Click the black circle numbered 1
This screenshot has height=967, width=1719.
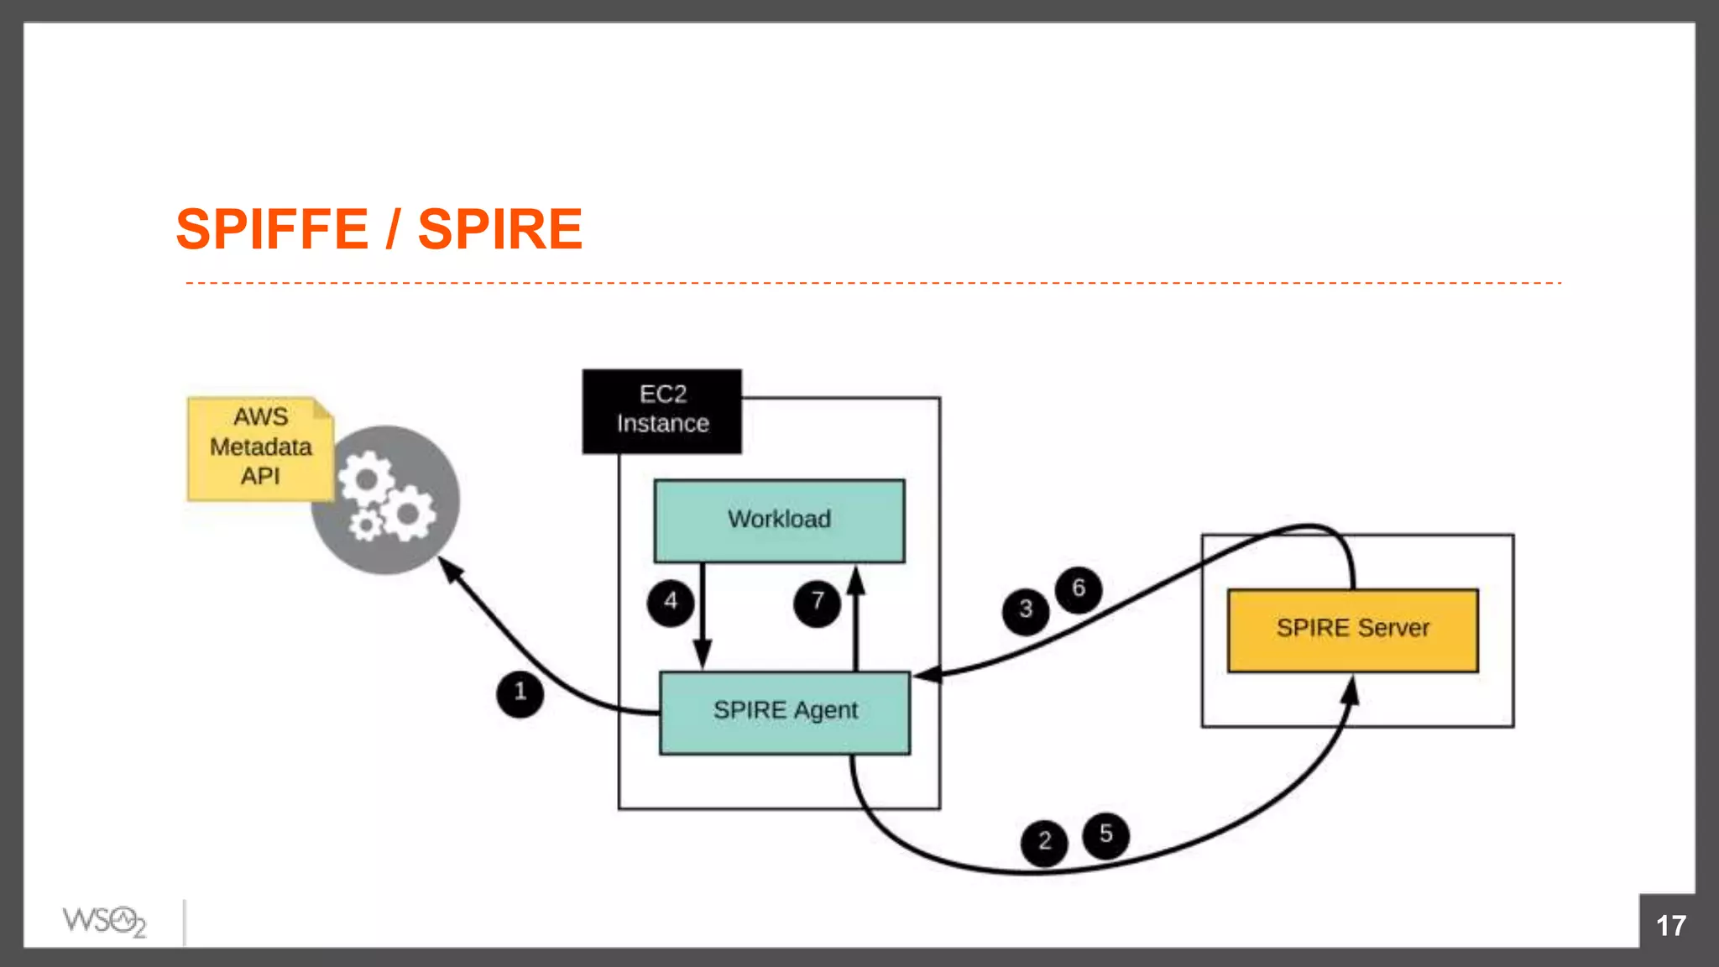pos(520,693)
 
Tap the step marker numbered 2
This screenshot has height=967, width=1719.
pos(1044,842)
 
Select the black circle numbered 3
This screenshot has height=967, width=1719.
pos(1025,610)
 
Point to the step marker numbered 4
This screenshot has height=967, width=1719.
pos(670,602)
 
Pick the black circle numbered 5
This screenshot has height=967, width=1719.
pos(1105,834)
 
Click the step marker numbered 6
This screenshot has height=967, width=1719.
pos(1079,588)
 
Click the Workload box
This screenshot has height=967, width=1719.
pos(779,520)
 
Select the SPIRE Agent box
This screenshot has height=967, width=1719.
pos(785,712)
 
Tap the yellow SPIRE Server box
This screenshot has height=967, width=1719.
pos(1352,630)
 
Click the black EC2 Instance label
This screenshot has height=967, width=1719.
pos(662,410)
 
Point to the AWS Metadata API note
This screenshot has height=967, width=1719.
pos(260,447)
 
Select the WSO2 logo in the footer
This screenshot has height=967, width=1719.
pos(104,922)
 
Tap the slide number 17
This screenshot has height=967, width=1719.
pos(1670,926)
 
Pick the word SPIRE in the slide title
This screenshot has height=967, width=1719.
pos(500,229)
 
